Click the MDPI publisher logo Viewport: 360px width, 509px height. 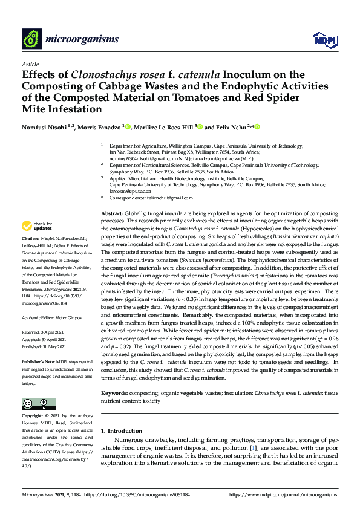pyautogui.click(x=321, y=39)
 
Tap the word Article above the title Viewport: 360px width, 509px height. pyautogui.click(x=30, y=64)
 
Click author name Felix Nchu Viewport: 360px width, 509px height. pyautogui.click(x=234, y=128)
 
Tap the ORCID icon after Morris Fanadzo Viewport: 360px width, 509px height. pyautogui.click(x=128, y=127)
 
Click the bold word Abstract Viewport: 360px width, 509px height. pyautogui.click(x=112, y=214)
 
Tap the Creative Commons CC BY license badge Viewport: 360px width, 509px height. pyautogui.click(x=35, y=403)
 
